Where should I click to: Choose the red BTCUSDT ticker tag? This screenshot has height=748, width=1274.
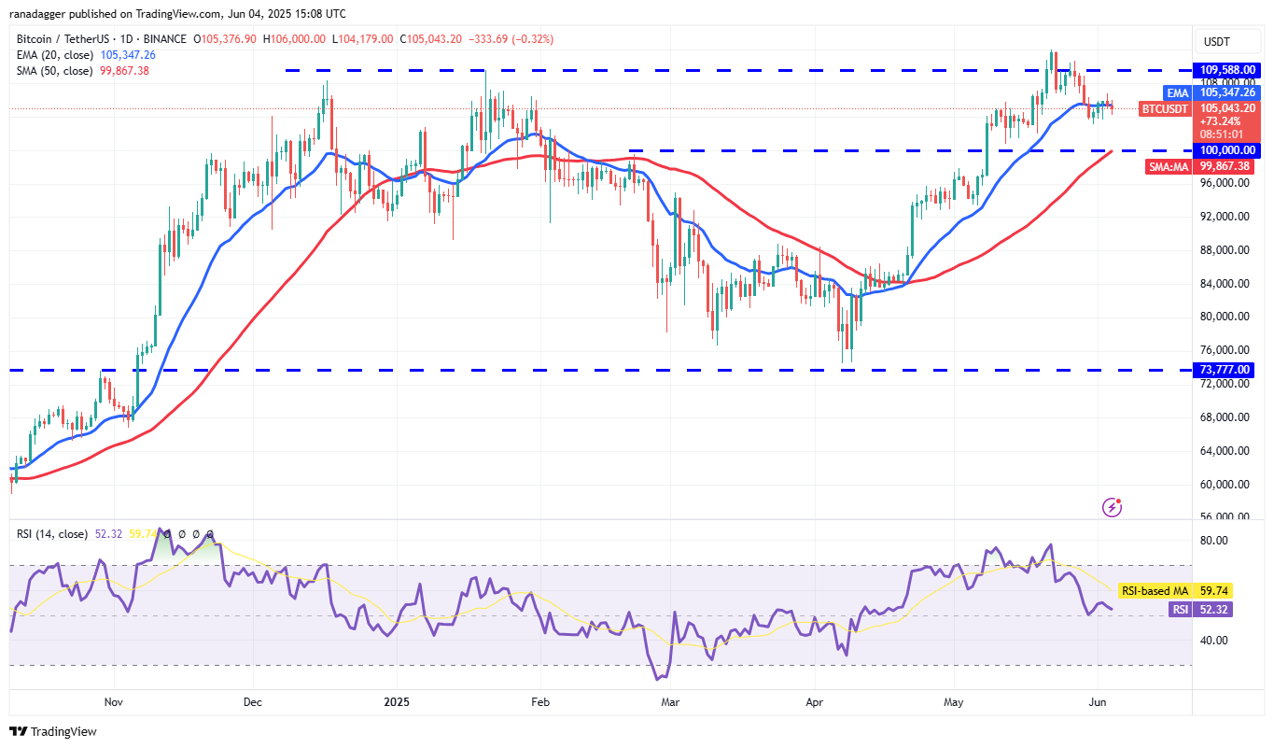[1166, 108]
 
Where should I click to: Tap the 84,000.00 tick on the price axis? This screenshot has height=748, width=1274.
[1225, 284]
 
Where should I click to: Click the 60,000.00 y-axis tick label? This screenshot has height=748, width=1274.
[1225, 485]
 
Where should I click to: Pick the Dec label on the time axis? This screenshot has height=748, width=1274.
[251, 700]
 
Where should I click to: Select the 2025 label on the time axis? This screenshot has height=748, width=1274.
[397, 700]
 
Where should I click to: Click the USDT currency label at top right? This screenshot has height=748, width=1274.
[1217, 42]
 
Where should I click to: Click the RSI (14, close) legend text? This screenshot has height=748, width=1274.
[52, 534]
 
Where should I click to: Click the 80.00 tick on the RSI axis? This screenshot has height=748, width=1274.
[1212, 541]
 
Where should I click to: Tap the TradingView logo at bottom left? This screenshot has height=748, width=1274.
[53, 731]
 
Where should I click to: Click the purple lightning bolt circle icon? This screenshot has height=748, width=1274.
[1112, 507]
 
